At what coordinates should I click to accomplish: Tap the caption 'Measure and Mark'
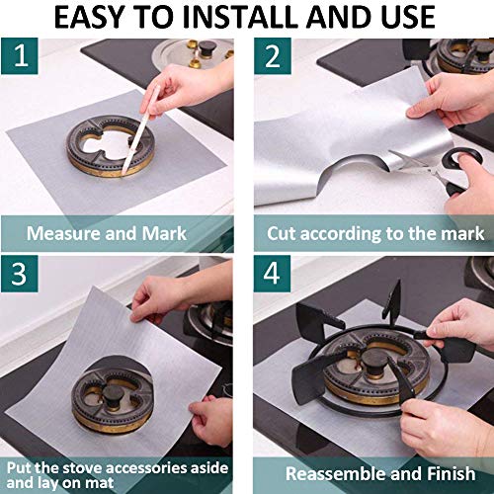click(107, 234)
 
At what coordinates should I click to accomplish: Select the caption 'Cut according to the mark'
click(375, 234)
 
